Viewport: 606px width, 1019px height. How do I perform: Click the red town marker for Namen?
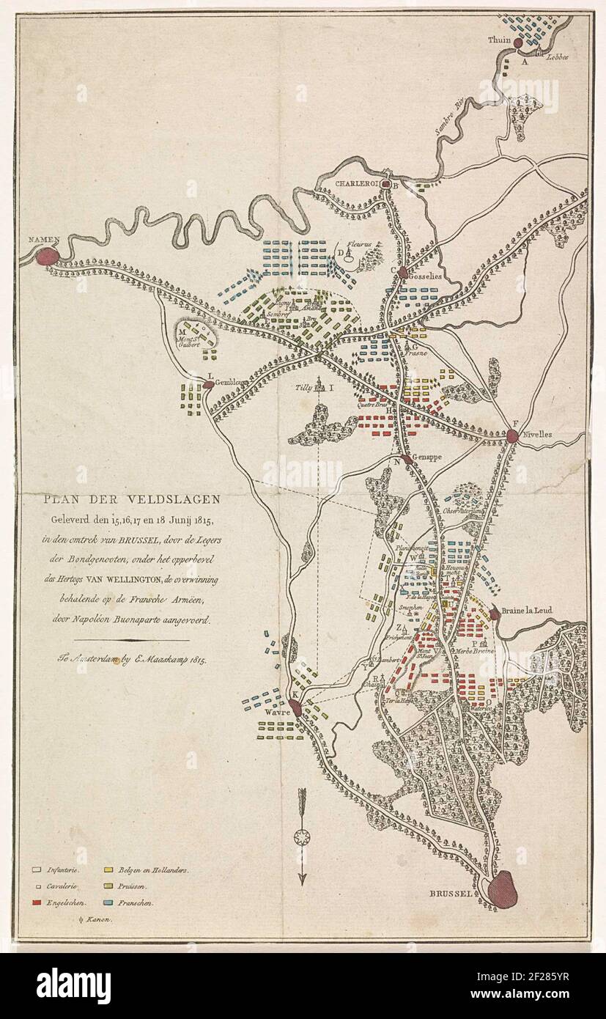[x=45, y=257]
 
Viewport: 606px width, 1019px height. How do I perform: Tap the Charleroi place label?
[x=357, y=184]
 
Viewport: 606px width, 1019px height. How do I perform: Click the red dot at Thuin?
[x=517, y=44]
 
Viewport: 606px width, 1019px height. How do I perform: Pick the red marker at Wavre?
[x=295, y=707]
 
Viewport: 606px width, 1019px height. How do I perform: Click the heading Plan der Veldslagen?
[x=130, y=500]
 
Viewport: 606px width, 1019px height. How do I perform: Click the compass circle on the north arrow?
[x=300, y=836]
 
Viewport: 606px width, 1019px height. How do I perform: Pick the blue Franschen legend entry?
[x=133, y=904]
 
